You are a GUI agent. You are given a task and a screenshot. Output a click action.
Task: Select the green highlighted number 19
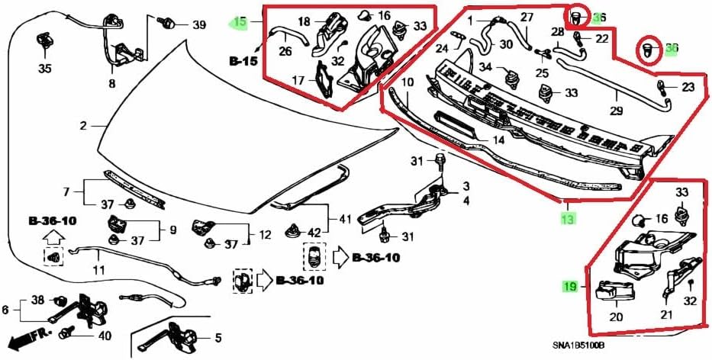point(570,287)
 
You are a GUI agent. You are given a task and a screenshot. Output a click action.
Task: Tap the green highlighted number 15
point(240,22)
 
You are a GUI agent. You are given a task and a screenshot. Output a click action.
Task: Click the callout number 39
point(198,25)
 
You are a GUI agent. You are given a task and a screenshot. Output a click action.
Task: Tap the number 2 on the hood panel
point(83,125)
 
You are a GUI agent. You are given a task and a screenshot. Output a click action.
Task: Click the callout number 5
point(217,338)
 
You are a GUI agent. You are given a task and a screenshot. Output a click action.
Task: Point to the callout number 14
point(497,140)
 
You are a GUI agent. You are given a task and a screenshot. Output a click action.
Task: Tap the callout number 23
point(688,87)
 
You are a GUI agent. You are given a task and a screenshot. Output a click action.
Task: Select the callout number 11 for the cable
point(98,269)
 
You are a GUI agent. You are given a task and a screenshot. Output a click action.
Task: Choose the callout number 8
point(112,84)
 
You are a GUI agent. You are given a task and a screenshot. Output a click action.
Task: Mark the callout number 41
point(345,220)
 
